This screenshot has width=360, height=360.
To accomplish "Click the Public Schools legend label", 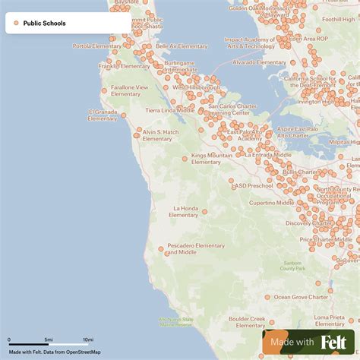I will (44, 24).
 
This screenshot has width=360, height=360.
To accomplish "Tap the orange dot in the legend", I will (16, 24).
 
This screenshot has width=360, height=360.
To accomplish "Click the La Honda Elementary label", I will (186, 211).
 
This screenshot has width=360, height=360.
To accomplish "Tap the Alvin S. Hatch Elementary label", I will (160, 135).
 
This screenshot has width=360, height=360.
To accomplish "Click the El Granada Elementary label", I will (103, 115).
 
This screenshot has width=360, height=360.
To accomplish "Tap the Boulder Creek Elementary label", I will (247, 322).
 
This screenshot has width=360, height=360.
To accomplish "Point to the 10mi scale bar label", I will (88, 339).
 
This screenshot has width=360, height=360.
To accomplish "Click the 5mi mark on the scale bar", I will (49, 339).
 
